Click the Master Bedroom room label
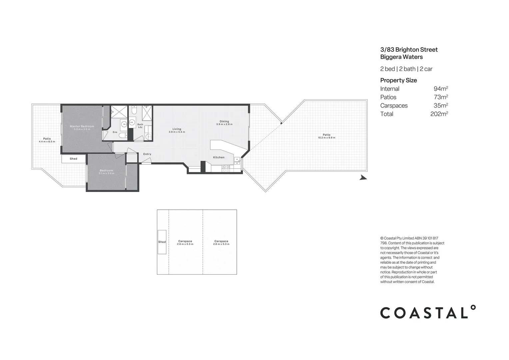coord(82,126)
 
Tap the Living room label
coord(177,129)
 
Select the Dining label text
coord(224,121)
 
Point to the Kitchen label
coord(219,157)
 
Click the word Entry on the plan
coord(147,154)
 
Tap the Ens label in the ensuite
coord(115,132)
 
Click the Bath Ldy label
coord(140,126)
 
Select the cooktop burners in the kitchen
coord(226,168)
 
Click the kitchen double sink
coord(237,161)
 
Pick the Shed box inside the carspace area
coord(162,242)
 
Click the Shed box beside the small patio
coord(73,159)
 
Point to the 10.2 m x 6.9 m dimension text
coord(326,138)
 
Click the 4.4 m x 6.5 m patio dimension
coord(47,142)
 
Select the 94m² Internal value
coord(440,89)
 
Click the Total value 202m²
coord(439,114)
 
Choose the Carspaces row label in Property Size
coord(394,106)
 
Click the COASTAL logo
coord(428,312)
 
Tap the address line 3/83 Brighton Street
coord(409,50)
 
